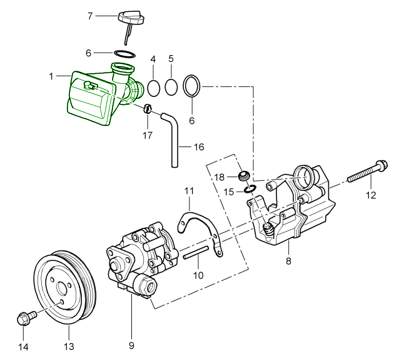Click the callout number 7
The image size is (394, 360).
coord(90,16)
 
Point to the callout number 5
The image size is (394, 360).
coord(171,59)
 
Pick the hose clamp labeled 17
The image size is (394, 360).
coord(148,108)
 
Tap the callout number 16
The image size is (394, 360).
coord(198,148)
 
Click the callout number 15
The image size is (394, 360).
coord(229,192)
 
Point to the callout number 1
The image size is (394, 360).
coord(51,76)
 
